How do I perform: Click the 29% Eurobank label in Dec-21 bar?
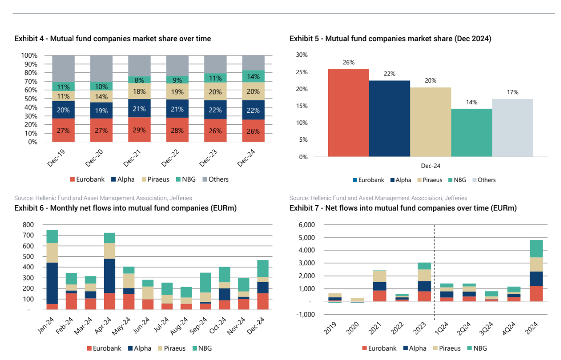tap(139, 131)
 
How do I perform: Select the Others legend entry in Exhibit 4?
tap(215, 179)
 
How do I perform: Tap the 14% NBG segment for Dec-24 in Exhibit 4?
tap(253, 76)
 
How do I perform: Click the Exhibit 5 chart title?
tap(390, 39)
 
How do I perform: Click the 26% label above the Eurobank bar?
tap(349, 63)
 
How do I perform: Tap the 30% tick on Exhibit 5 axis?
tap(302, 55)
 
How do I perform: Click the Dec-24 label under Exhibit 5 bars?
tap(430, 166)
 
